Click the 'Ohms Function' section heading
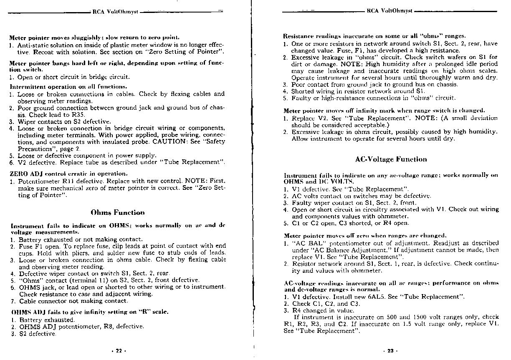tap(118, 212)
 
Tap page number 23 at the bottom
tap(390, 351)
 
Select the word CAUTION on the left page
tap(168, 141)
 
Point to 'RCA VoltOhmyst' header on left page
tap(116, 12)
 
